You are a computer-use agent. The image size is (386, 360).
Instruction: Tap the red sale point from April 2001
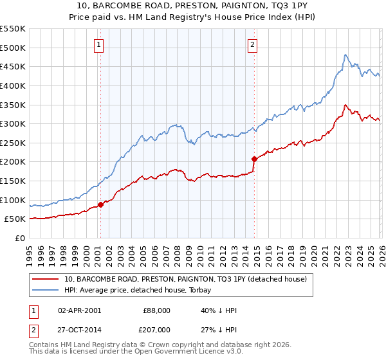pos(100,205)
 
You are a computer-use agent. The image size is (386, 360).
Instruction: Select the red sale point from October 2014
pos(254,159)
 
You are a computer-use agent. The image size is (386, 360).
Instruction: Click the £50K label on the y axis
pos(14,219)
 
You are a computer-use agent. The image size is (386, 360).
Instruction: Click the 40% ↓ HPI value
pos(219,310)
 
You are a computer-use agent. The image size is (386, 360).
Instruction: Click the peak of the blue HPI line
pos(345,55)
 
